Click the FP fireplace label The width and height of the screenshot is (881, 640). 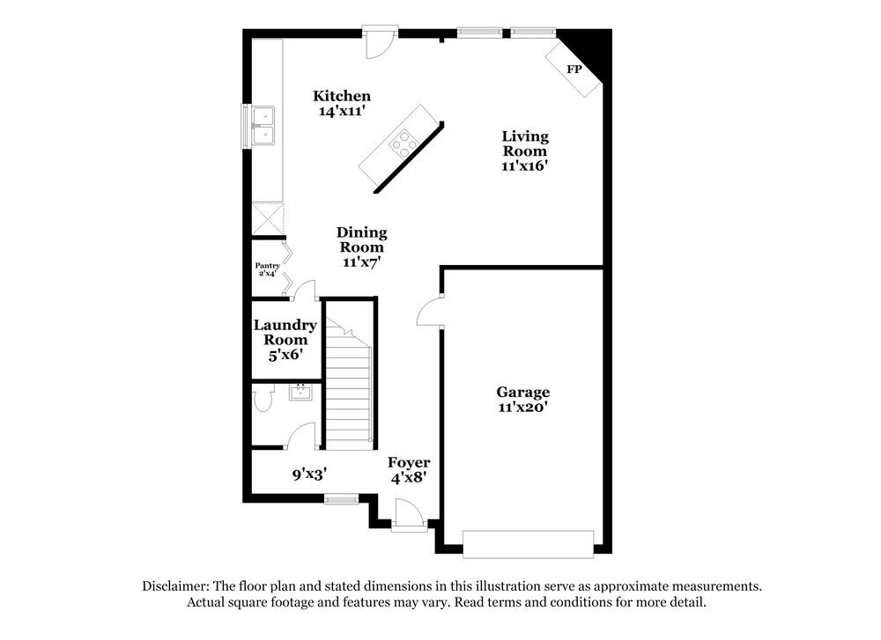(x=574, y=69)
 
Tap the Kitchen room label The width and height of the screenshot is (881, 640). (x=342, y=96)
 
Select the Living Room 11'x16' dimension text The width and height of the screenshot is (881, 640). (x=525, y=166)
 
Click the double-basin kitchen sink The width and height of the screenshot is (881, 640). (x=263, y=125)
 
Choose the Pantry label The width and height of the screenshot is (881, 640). (x=268, y=265)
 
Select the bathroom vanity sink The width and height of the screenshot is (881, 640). (x=301, y=391)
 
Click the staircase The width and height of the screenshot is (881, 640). (x=349, y=387)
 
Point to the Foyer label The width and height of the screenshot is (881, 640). (x=410, y=462)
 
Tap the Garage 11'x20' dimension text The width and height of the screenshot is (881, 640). (x=522, y=407)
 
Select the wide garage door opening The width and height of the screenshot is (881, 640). (x=529, y=543)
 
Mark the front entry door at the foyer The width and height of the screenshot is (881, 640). (x=409, y=516)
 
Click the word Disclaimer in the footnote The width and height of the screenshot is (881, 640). (x=174, y=585)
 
